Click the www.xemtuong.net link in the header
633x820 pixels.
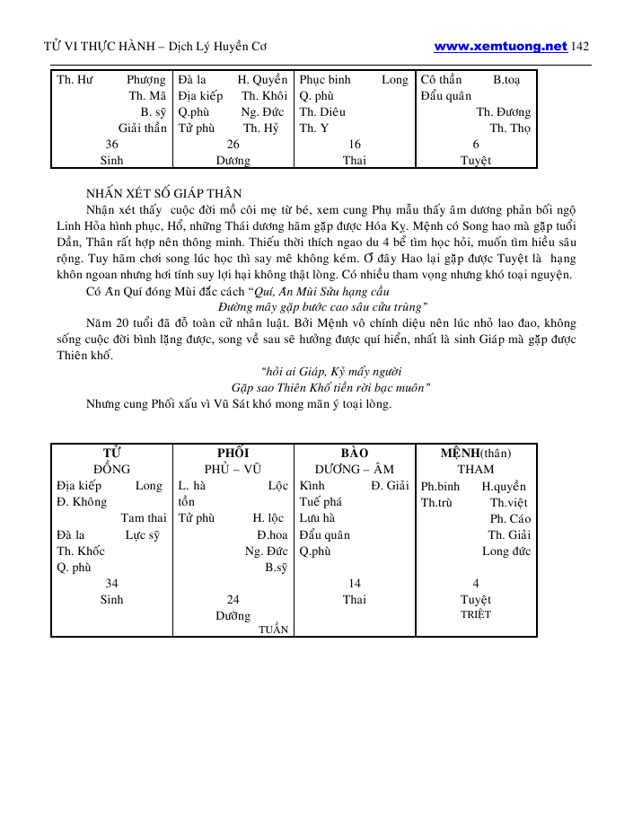[x=501, y=46]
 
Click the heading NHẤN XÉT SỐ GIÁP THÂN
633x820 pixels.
[x=163, y=193]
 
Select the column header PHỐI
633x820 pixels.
[x=233, y=453]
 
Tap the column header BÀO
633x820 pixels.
[x=355, y=453]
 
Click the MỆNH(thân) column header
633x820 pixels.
[x=475, y=453]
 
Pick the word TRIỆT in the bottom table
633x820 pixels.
[x=475, y=615]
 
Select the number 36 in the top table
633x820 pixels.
[x=112, y=145]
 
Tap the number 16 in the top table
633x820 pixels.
[x=355, y=145]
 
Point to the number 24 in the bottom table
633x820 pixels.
[x=233, y=599]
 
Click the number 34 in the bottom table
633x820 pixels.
[x=112, y=583]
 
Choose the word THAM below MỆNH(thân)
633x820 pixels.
[x=475, y=469]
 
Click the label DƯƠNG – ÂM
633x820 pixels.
[x=355, y=469]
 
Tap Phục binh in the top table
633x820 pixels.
[x=325, y=80]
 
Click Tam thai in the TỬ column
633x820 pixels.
[x=144, y=518]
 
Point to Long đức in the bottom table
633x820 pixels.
[x=506, y=551]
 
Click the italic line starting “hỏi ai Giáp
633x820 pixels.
[x=330, y=371]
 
